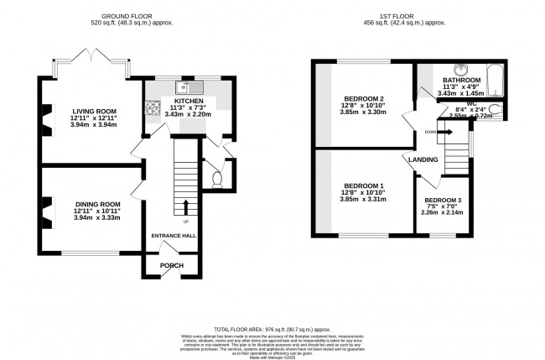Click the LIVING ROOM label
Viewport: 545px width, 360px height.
point(93,111)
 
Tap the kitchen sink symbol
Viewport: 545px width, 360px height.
point(185,87)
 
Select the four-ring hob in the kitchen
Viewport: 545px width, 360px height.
point(154,107)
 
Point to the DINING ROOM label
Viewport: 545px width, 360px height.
point(93,204)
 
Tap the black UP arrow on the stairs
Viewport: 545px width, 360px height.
point(186,206)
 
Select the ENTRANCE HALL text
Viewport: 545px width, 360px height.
point(174,236)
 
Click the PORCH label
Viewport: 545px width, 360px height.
point(172,266)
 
